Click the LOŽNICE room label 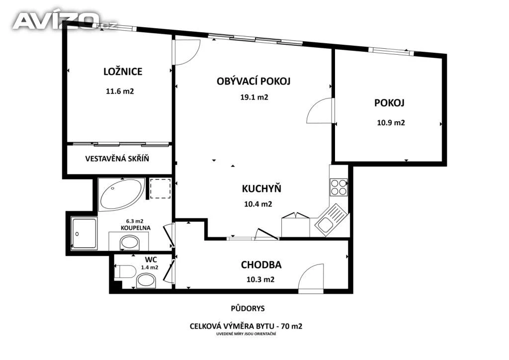(x=123, y=72)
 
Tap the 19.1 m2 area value (x=254, y=97)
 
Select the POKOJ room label (x=389, y=103)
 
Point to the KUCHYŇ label (x=261, y=188)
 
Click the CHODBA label (x=261, y=265)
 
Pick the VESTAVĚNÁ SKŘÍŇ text (x=117, y=159)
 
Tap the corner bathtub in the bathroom (x=121, y=194)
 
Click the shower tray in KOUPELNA (x=84, y=233)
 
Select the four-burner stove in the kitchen (x=339, y=187)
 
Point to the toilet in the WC (x=125, y=271)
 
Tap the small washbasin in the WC (x=146, y=281)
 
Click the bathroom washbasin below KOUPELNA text (x=130, y=243)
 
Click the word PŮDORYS (x=248, y=308)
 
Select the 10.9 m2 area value (x=391, y=123)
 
